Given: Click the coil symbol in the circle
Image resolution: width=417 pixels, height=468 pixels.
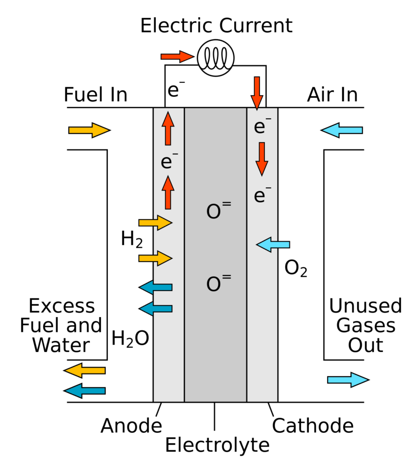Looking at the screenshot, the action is click(x=216, y=58).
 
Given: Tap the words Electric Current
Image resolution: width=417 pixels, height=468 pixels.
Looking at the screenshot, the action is click(x=216, y=26).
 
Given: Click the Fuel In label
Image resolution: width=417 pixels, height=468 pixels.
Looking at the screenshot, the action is click(x=95, y=95).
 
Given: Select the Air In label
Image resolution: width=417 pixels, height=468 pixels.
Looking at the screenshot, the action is click(x=333, y=95).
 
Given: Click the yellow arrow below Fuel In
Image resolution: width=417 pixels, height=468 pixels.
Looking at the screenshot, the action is click(x=90, y=130).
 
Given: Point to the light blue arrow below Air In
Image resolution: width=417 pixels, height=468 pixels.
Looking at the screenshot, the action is click(x=342, y=130).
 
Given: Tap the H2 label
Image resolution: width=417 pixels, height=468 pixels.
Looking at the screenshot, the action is click(x=132, y=239).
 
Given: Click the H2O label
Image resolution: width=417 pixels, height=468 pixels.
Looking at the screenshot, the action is click(x=130, y=339).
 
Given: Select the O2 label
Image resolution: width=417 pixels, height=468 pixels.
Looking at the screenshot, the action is click(x=296, y=268).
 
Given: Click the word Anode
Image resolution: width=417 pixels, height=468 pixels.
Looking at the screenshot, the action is click(x=131, y=425).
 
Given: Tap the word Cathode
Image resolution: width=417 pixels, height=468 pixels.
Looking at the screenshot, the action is click(x=312, y=425).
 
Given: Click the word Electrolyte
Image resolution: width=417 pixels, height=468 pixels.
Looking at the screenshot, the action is click(x=217, y=445).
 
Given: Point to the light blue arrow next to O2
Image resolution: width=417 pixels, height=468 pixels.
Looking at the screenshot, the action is click(x=273, y=245).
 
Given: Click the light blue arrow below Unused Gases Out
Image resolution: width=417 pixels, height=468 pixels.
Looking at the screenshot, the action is click(x=348, y=380).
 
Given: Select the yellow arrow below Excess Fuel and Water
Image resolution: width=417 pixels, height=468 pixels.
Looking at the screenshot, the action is click(x=84, y=370).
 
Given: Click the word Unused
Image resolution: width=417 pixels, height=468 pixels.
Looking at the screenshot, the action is click(x=365, y=306).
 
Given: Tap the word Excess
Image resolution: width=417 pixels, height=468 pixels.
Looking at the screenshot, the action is click(x=62, y=306).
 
